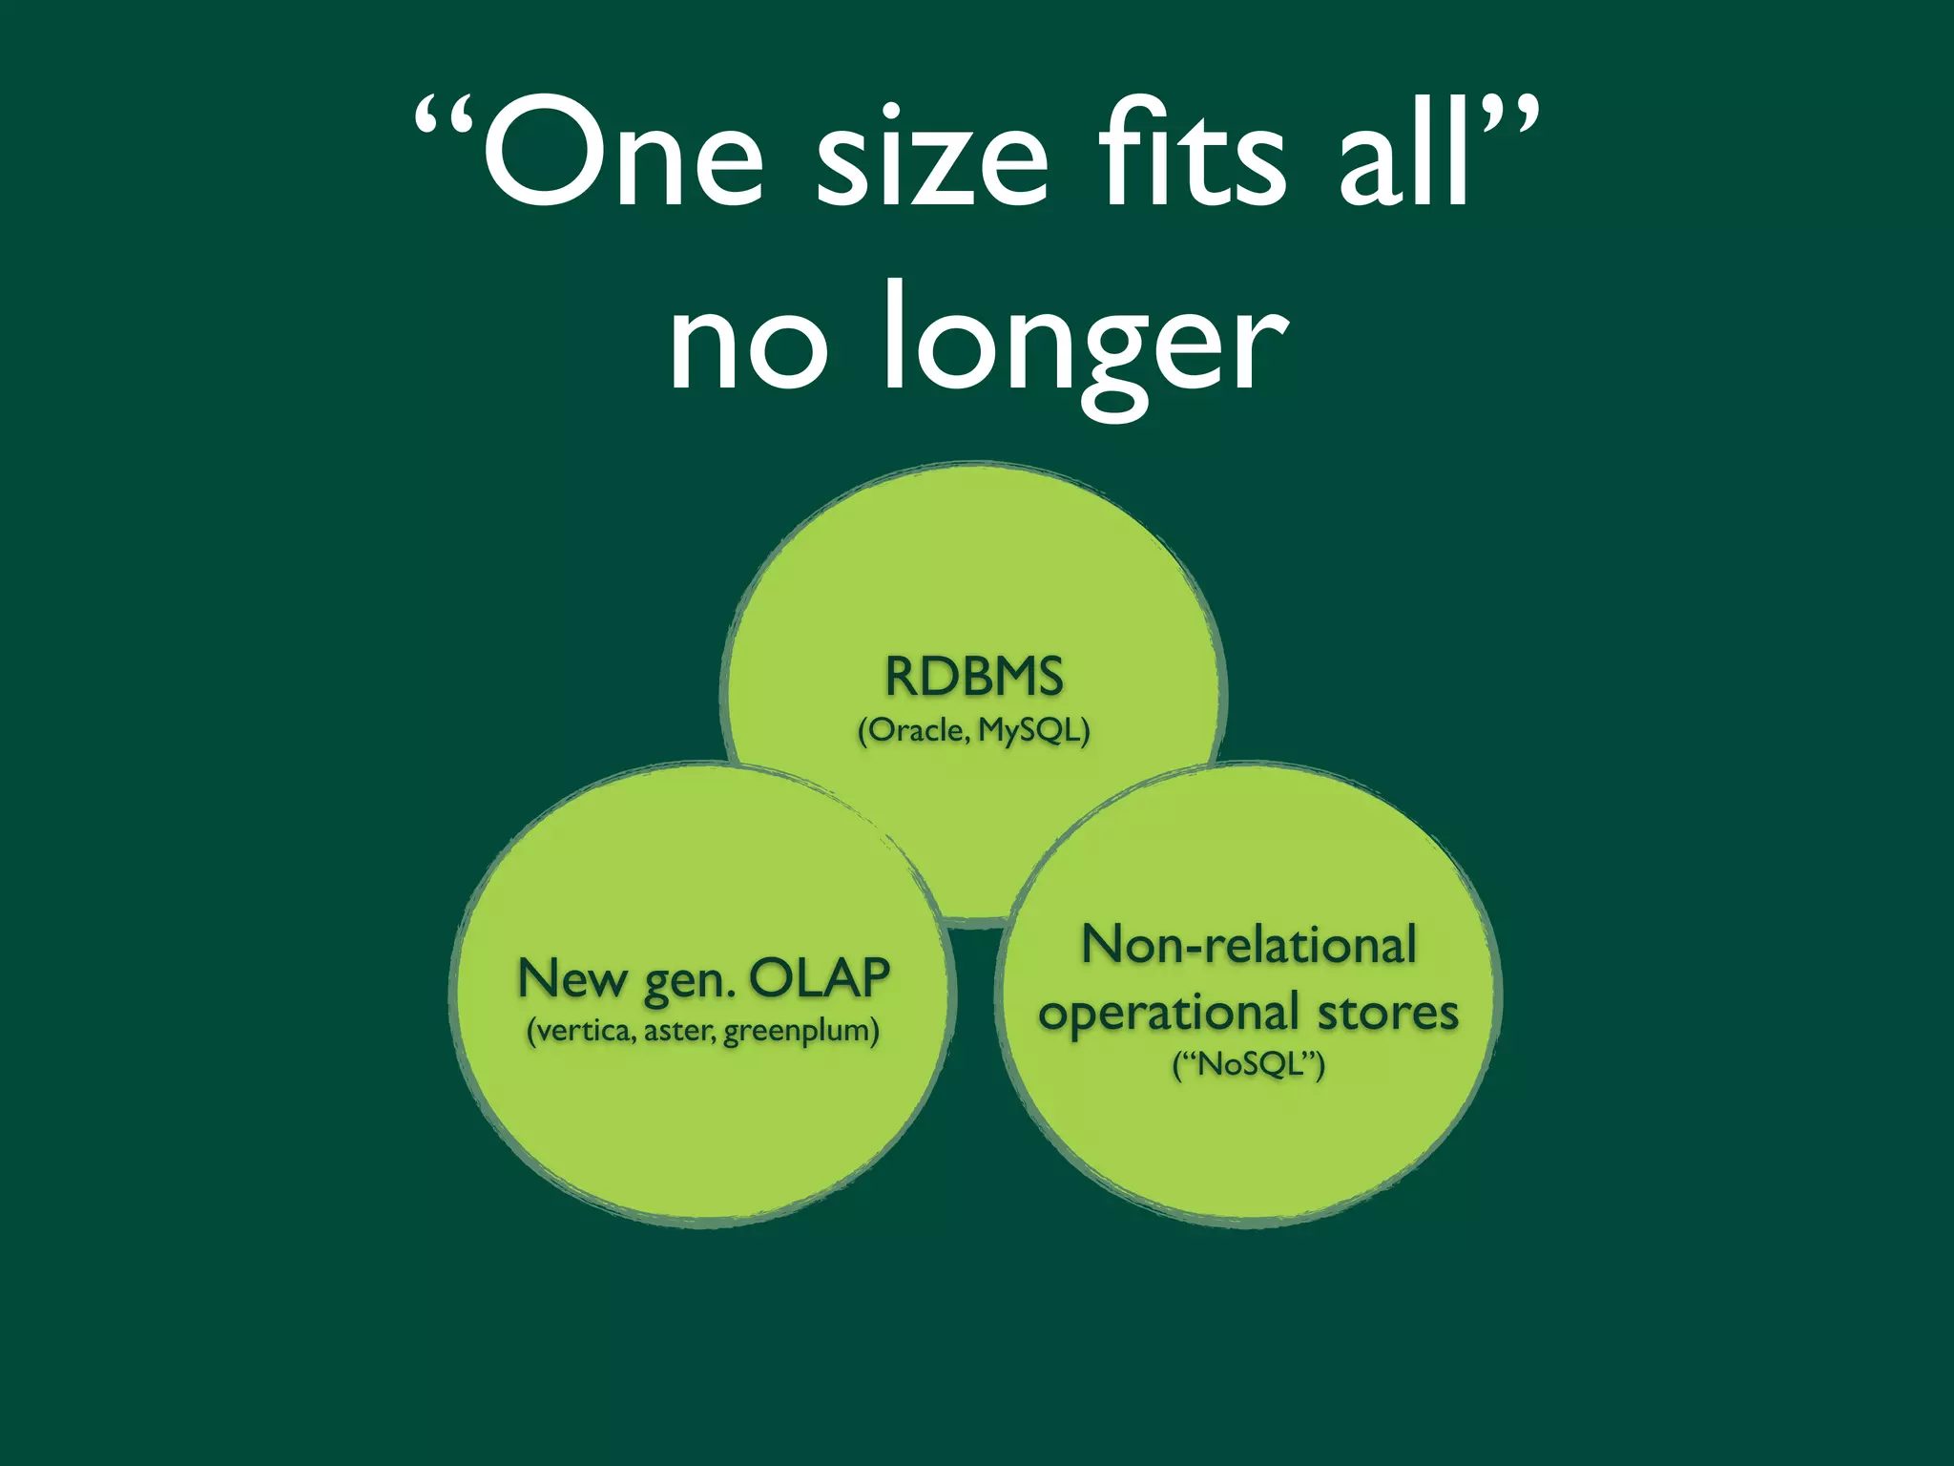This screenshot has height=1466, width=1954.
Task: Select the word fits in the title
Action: [1194, 153]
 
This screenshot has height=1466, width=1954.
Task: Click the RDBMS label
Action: [974, 677]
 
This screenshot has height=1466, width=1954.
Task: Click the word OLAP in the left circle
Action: [820, 977]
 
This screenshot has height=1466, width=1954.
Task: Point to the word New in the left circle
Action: [571, 978]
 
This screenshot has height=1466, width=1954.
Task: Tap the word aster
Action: [678, 1032]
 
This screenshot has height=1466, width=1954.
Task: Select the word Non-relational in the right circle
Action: [1249, 945]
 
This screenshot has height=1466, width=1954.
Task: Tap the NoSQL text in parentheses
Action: [1249, 1063]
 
